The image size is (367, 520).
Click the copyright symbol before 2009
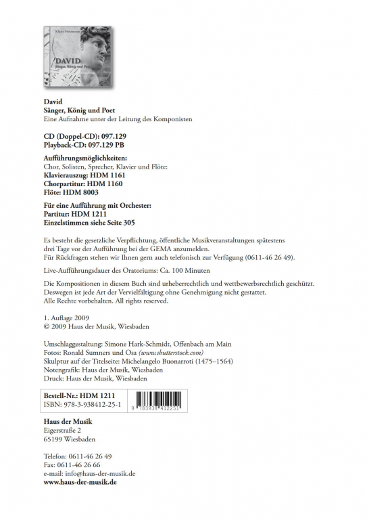[x=46, y=326]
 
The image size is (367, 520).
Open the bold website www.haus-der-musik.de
[x=80, y=483]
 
